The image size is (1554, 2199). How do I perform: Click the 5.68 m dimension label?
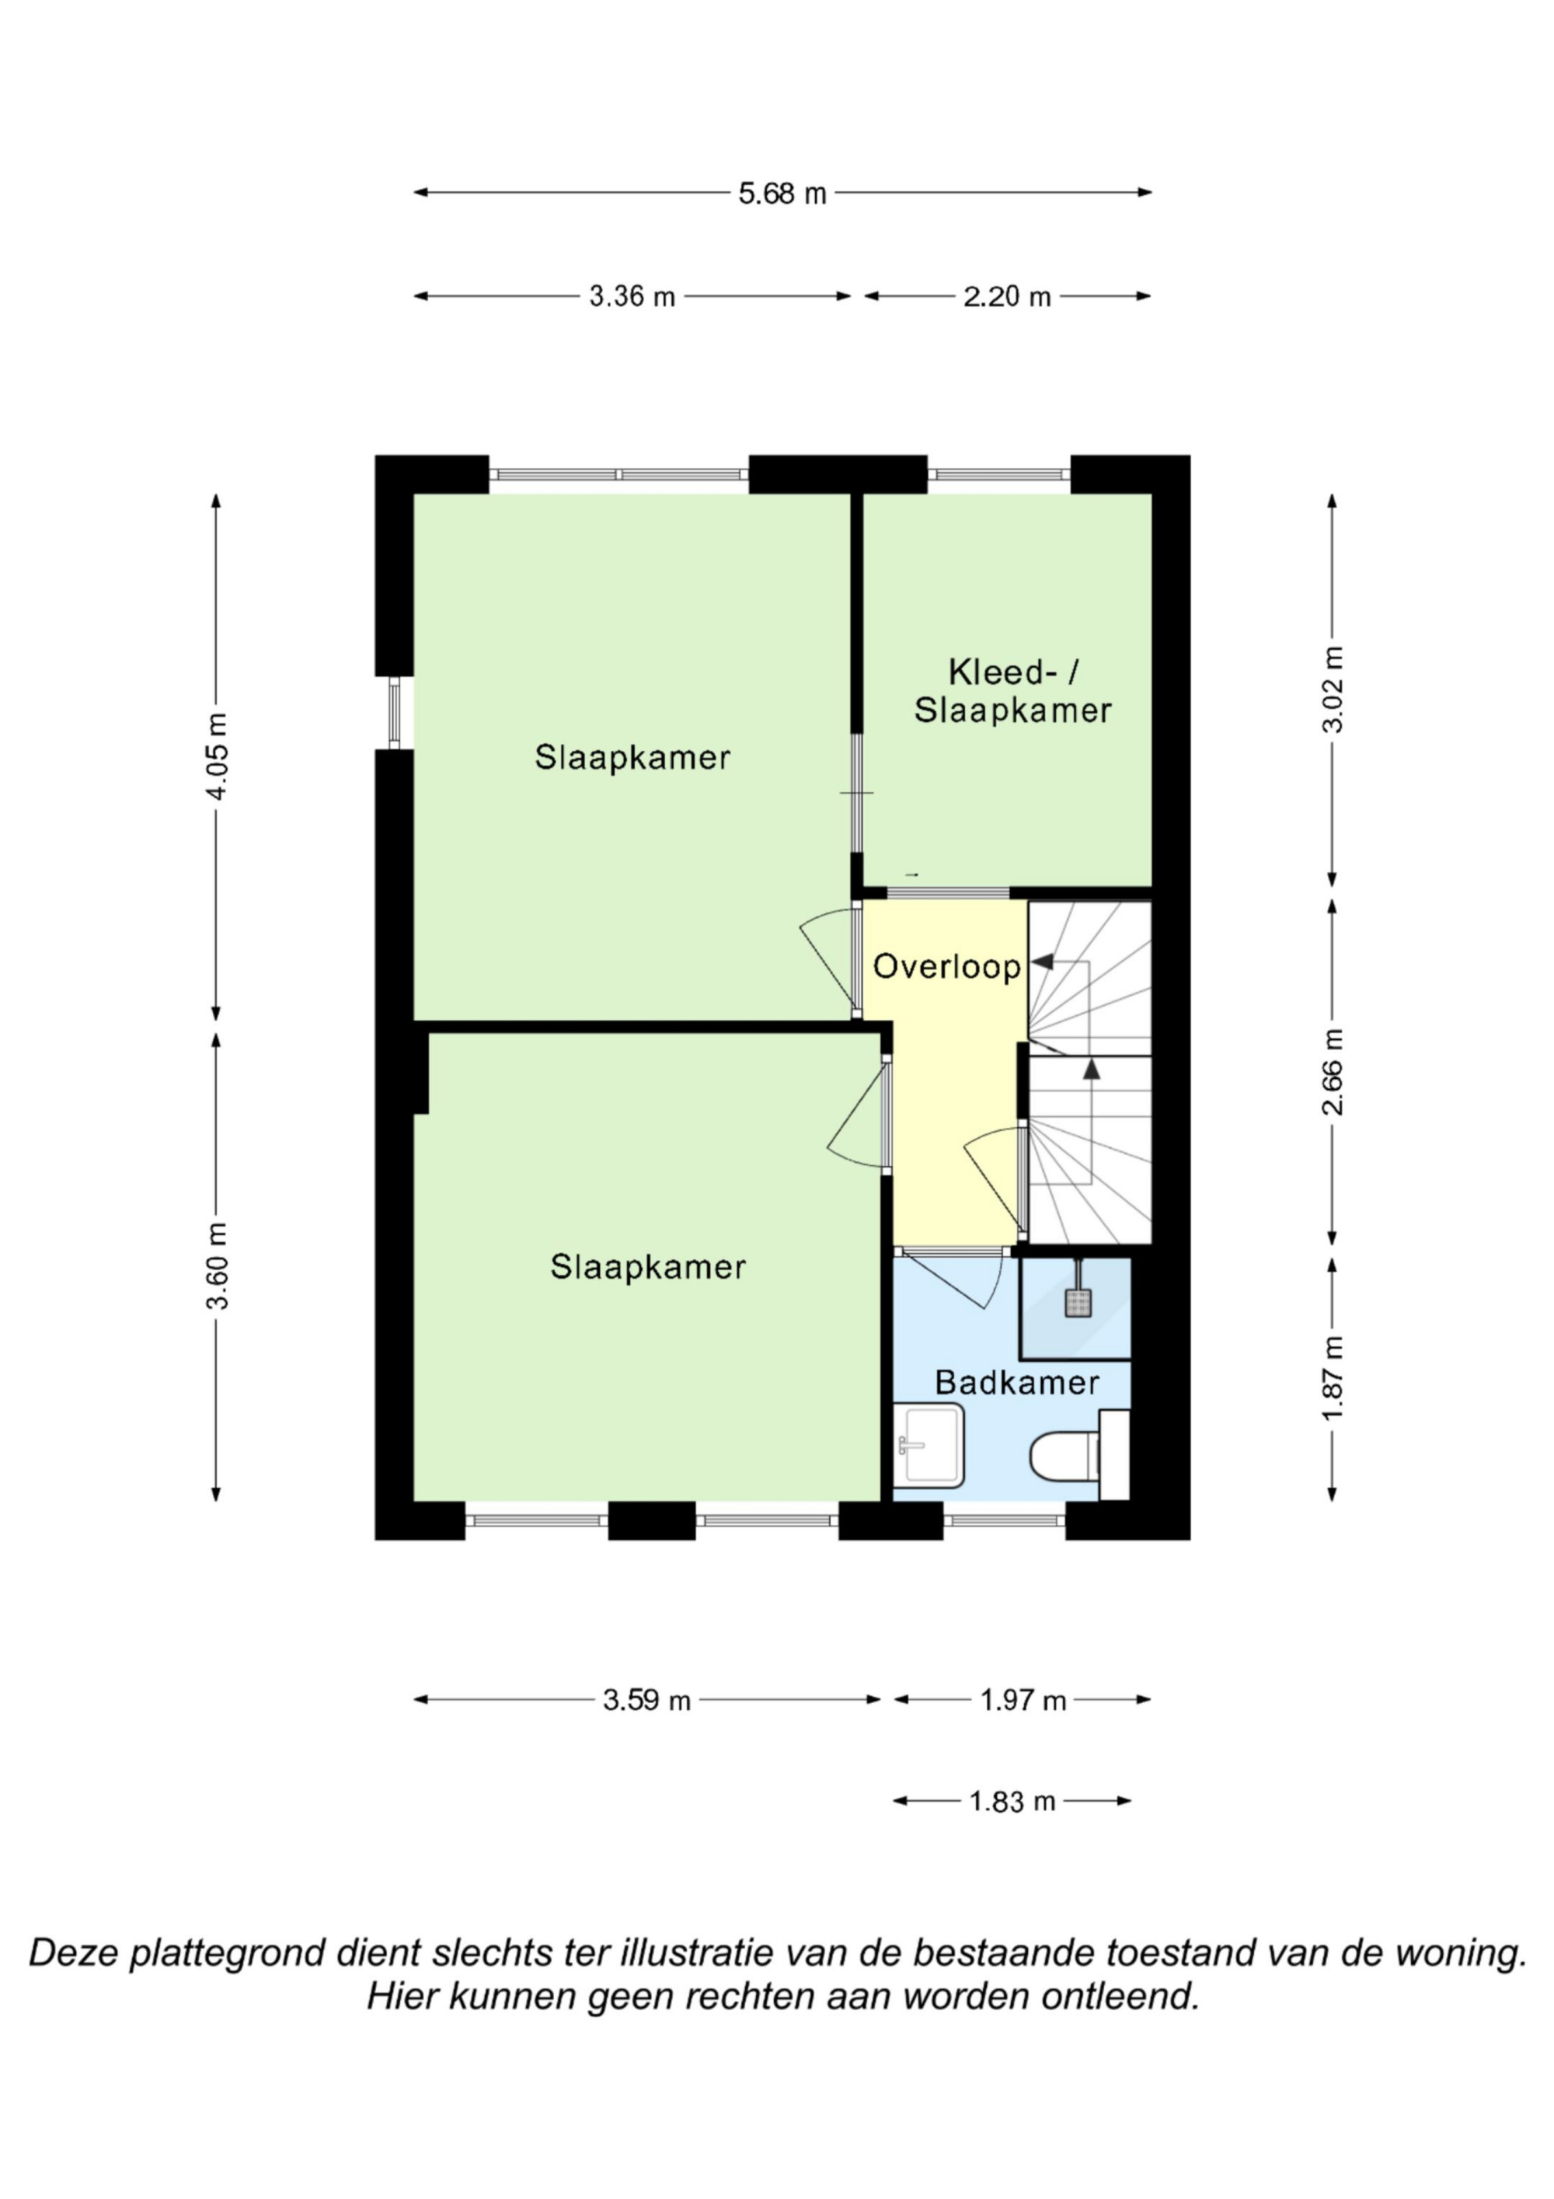[782, 194]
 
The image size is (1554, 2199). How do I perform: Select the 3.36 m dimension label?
[632, 297]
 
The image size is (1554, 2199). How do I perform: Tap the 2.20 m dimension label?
[1007, 297]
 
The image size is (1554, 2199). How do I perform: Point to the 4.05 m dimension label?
[218, 756]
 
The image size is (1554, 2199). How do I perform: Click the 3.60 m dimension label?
[218, 1266]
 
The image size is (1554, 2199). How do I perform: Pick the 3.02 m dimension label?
[1333, 689]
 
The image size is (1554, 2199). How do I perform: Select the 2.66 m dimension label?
[1333, 1072]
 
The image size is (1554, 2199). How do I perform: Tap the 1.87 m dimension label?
[1333, 1378]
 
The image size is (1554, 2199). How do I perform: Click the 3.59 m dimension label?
[646, 1700]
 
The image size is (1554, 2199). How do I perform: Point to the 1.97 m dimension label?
[1023, 1700]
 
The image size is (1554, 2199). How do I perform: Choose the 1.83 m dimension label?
[1012, 1802]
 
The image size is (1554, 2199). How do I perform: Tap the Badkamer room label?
[1017, 1382]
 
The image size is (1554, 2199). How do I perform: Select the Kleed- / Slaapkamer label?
[1013, 692]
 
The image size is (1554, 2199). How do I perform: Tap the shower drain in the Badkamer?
[1078, 1304]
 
